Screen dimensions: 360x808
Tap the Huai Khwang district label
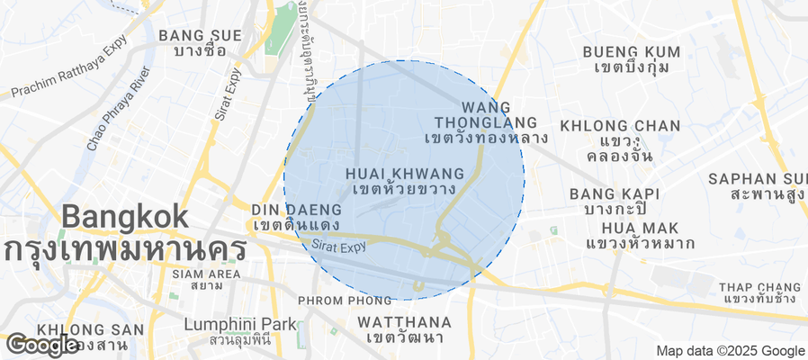[x=404, y=181]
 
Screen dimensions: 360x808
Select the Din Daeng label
[x=283, y=216]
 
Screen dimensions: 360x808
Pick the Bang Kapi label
[x=615, y=201]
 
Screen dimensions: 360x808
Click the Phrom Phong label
[x=336, y=299]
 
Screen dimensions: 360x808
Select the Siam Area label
[x=206, y=279]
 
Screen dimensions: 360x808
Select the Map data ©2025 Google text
[x=730, y=351]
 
